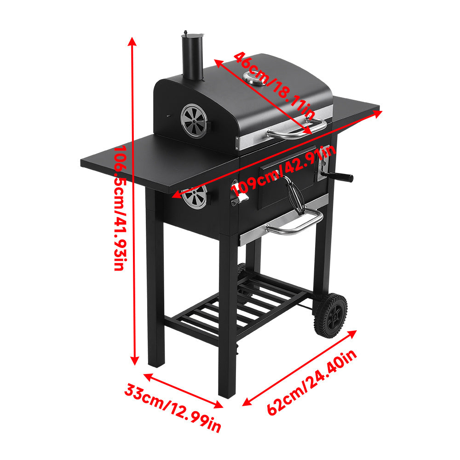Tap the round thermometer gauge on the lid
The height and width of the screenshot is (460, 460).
pyautogui.click(x=255, y=78)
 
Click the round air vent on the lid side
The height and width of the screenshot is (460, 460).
pyautogui.click(x=194, y=121)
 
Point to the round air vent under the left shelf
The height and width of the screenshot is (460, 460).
pyautogui.click(x=195, y=197)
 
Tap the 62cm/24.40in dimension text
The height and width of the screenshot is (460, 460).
pyautogui.click(x=313, y=382)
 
